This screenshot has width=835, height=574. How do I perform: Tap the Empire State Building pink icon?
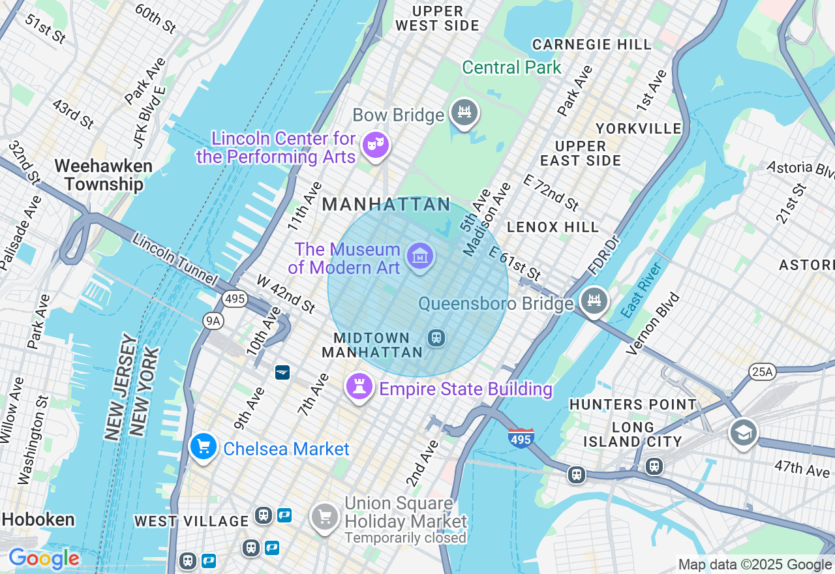[359, 387]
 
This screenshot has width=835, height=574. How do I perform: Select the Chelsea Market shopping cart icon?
[204, 447]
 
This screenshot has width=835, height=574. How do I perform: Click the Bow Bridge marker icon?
[464, 113]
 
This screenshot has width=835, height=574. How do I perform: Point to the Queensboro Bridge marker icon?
[594, 301]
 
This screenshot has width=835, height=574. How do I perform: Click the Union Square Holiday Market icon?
[324, 517]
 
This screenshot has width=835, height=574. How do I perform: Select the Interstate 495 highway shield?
[521, 438]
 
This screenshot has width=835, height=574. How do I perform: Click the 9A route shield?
[213, 320]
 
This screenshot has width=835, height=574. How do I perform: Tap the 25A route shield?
[761, 372]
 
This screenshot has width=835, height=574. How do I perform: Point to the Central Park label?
[511, 67]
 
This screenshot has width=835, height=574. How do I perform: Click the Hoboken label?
[38, 519]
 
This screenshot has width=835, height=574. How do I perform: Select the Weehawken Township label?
[104, 175]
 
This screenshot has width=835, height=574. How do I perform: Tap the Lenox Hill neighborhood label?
[553, 227]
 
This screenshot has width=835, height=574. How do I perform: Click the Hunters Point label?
[633, 404]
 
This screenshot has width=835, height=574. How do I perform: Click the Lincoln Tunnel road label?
[174, 258]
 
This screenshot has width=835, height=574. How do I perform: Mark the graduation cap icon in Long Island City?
[743, 432]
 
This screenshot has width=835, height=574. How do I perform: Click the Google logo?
[44, 559]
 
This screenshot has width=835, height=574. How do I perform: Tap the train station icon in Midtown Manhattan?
[436, 338]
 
